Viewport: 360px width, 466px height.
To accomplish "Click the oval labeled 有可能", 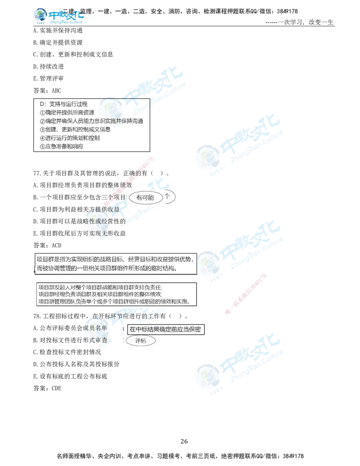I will [145, 198].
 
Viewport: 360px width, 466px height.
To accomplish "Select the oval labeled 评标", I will [141, 341].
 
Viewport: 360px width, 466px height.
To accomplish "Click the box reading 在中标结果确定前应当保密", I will [165, 330].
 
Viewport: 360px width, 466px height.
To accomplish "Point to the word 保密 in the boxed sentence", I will [195, 330].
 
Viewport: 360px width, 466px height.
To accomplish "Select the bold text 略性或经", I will [96, 222].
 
